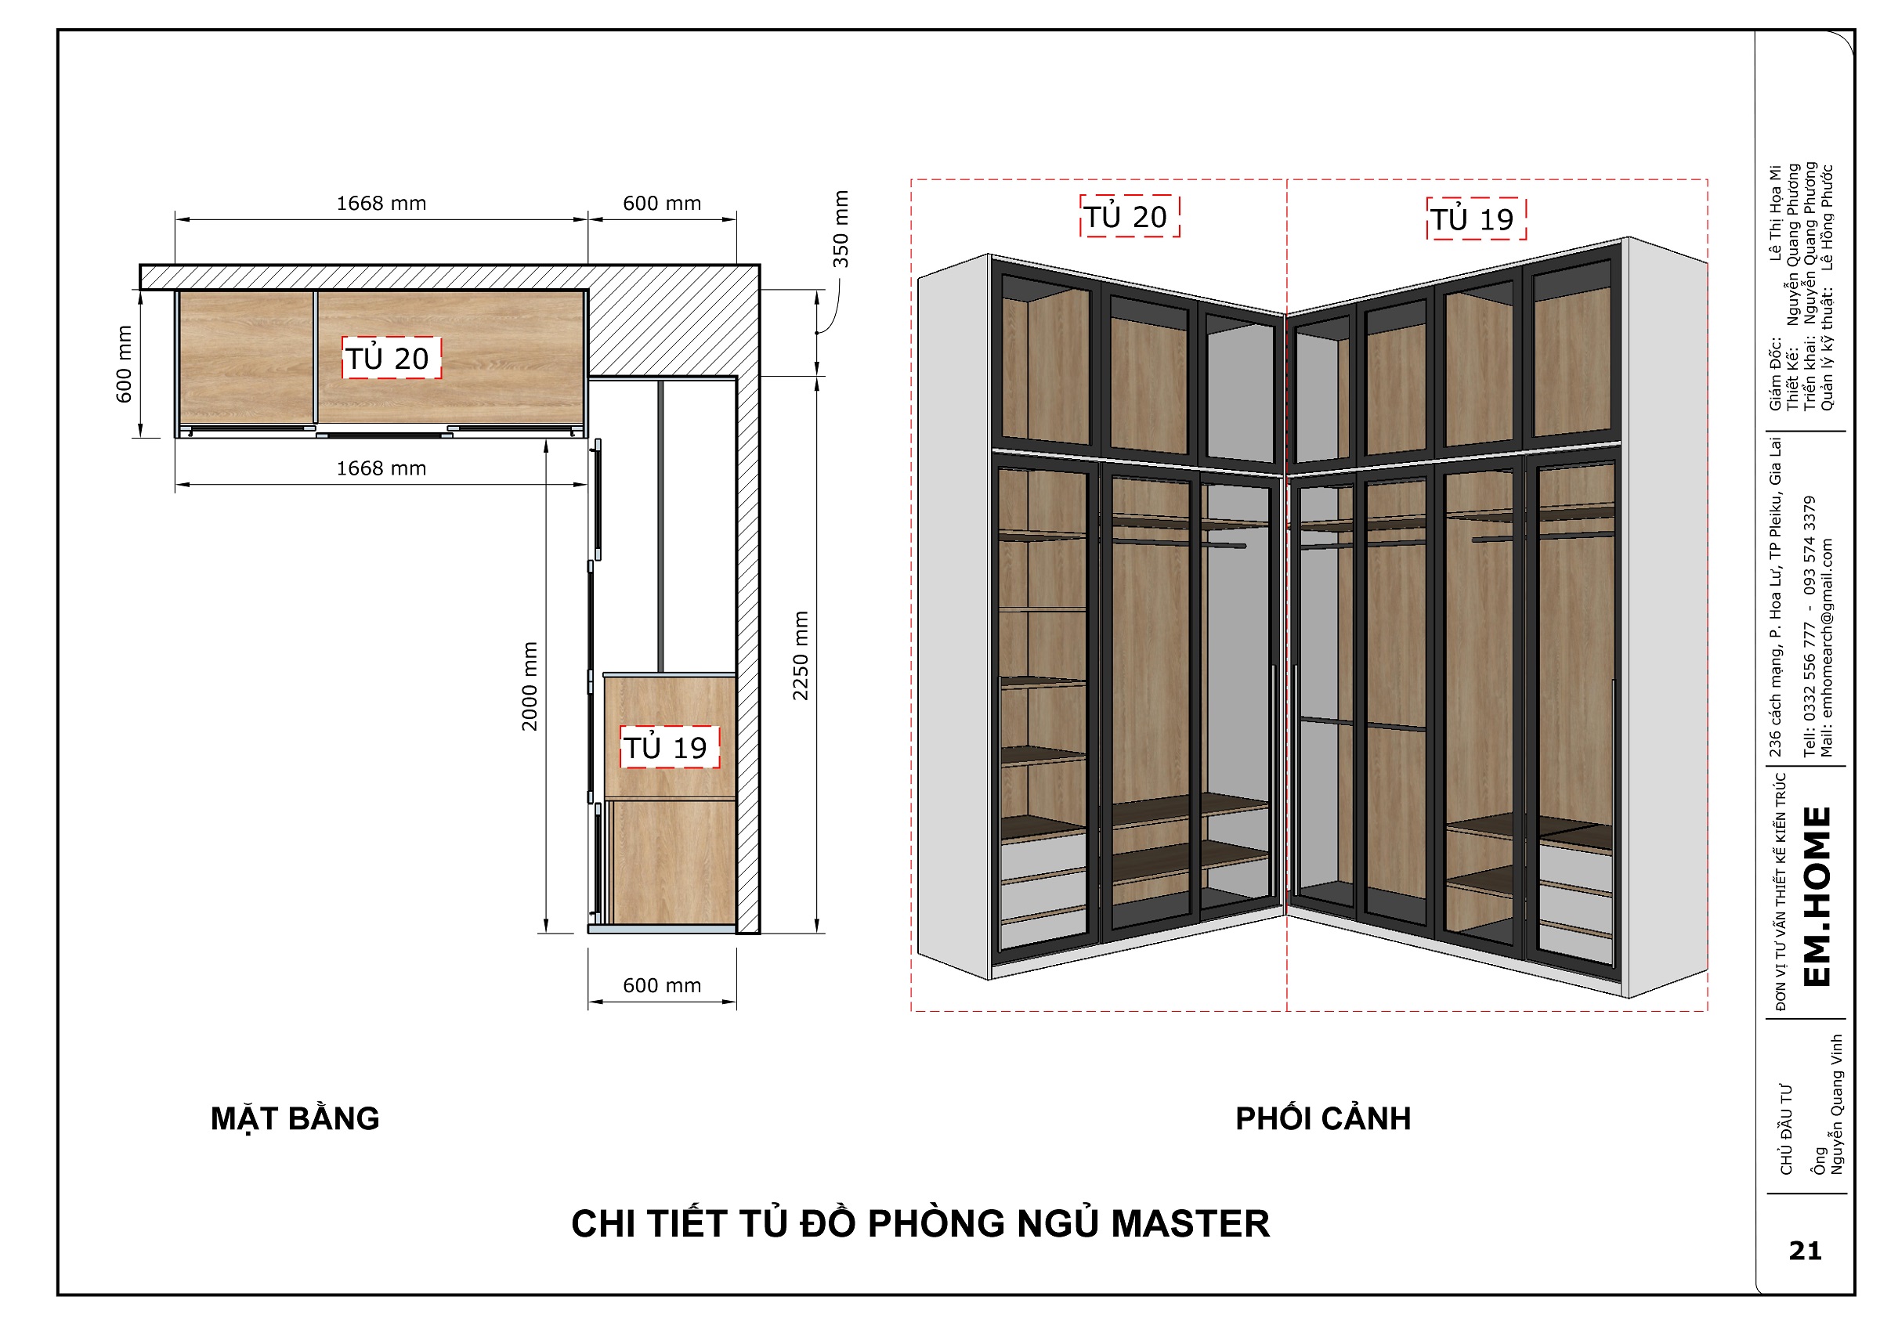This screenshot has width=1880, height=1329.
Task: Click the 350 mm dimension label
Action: [x=841, y=229]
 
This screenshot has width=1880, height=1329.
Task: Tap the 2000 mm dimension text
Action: [x=530, y=686]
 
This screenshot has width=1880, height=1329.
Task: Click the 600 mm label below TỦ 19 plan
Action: [x=662, y=986]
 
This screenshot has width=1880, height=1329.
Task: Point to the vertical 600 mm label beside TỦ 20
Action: [x=124, y=364]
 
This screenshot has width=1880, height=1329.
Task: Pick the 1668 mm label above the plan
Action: [x=381, y=203]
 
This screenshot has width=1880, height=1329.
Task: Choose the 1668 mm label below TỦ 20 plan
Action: [x=381, y=468]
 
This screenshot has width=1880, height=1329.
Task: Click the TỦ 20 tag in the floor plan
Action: [x=392, y=358]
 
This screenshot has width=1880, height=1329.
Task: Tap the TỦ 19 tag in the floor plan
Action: [x=670, y=747]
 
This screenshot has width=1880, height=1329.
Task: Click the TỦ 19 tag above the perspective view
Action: [x=1477, y=218]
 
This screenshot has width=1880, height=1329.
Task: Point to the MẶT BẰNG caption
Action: [x=295, y=1118]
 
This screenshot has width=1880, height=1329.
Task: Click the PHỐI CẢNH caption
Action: [x=1323, y=1118]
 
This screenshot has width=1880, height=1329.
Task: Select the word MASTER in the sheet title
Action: [x=1190, y=1223]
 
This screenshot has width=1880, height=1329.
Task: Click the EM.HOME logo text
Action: [x=1817, y=897]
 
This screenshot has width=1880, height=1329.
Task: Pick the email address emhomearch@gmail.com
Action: [x=1827, y=648]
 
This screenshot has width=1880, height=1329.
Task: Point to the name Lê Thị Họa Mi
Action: [x=1774, y=214]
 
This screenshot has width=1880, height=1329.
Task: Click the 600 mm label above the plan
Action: [x=662, y=203]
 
